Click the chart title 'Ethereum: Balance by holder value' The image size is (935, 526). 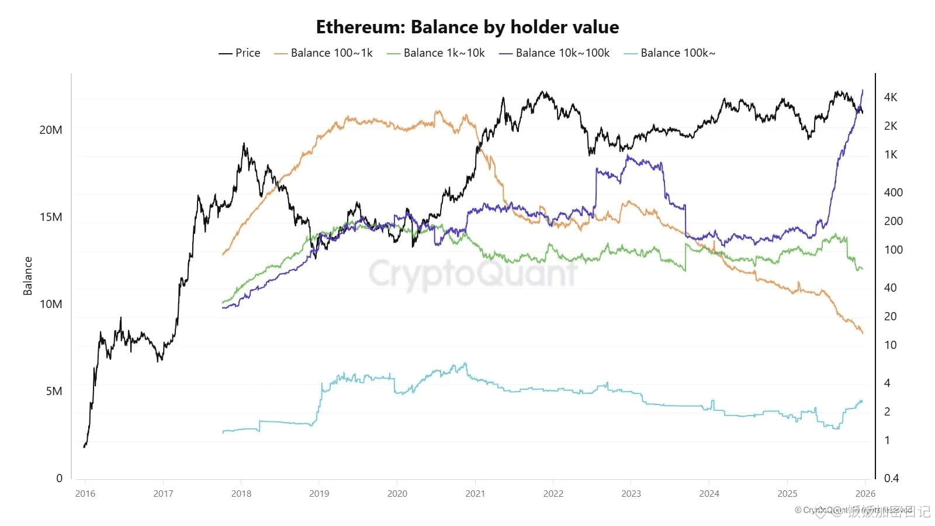(467, 27)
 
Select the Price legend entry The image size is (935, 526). (240, 53)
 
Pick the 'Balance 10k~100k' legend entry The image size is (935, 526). (555, 53)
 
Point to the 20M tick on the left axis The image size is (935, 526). (51, 130)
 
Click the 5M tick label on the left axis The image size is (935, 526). (54, 391)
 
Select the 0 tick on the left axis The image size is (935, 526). (59, 478)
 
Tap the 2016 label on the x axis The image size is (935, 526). (85, 494)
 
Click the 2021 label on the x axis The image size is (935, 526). (475, 494)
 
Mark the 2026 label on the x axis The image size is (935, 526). (865, 494)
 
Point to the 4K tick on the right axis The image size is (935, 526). (891, 97)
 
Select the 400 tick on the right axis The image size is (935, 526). (893, 192)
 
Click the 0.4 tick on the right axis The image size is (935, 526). (891, 478)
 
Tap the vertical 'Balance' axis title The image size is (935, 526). (27, 276)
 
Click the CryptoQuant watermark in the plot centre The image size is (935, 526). (472, 273)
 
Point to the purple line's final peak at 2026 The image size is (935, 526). (863, 91)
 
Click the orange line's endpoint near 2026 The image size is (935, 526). (863, 333)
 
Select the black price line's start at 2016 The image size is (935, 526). (85, 447)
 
